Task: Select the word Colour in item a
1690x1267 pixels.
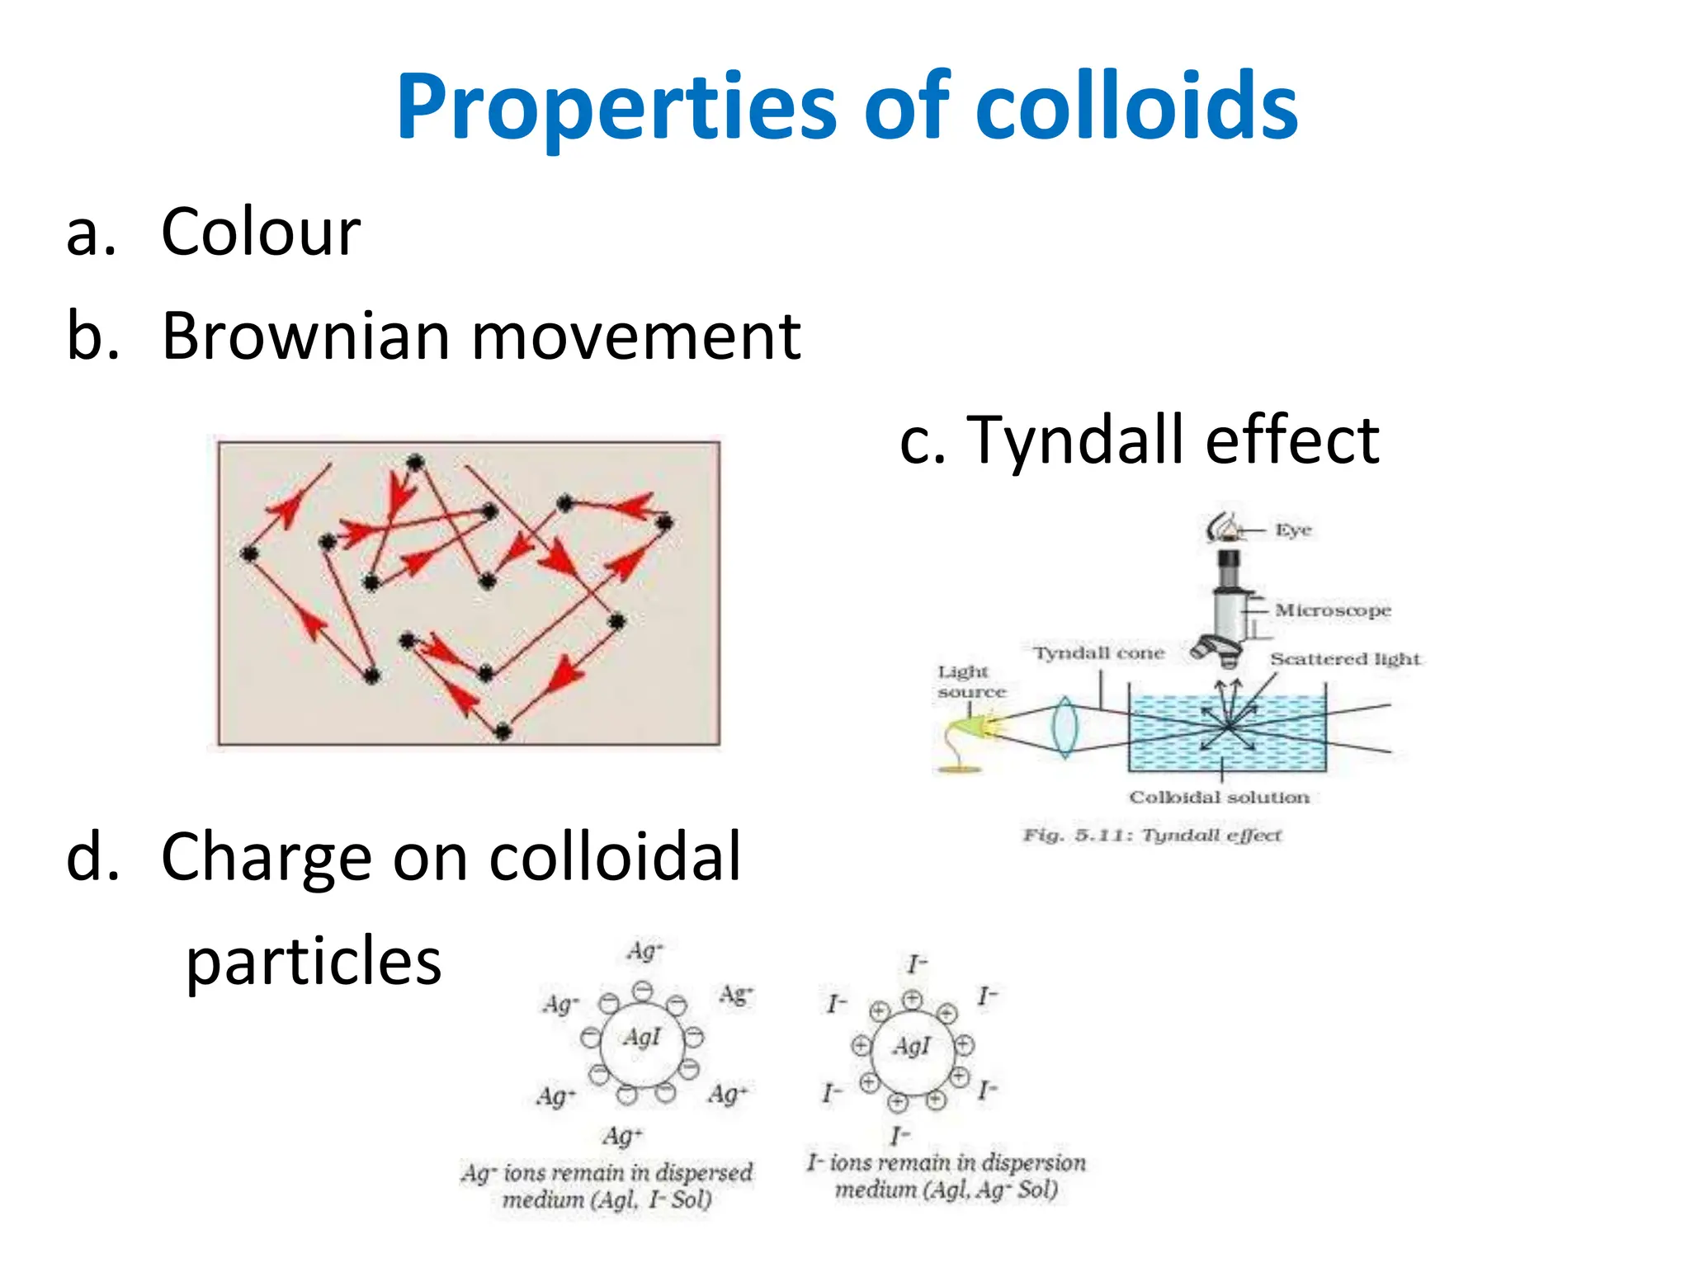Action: point(261,233)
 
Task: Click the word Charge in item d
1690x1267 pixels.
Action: point(267,858)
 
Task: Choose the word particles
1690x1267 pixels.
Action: point(314,962)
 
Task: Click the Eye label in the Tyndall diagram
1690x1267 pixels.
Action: point(1293,530)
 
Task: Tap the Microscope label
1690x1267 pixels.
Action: point(1332,610)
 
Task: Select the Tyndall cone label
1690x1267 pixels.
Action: point(1098,653)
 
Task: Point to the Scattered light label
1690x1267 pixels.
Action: point(1345,659)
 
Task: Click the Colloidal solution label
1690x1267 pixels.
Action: point(1219,798)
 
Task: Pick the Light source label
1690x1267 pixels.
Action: point(970,682)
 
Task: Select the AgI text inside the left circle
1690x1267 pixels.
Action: point(642,1037)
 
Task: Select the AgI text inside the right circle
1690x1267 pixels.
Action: point(911,1047)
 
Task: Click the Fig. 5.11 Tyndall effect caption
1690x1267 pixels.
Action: point(1152,836)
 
